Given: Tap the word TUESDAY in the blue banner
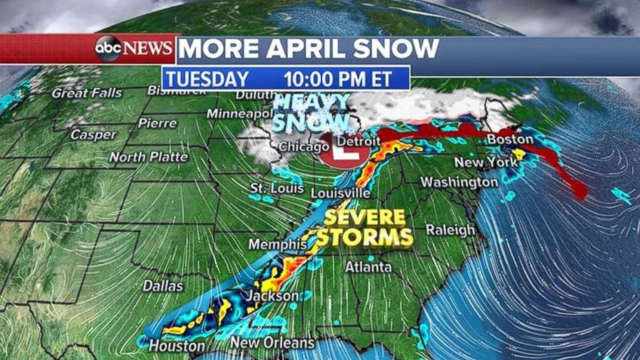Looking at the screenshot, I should pos(206,79).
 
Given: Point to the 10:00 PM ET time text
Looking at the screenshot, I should pos(337,79).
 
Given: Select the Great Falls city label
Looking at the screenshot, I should pos(86,93).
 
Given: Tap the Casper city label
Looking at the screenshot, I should pos(94,135).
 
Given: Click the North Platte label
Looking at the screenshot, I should pos(148,157).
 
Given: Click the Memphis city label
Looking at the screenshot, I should pos(277,245).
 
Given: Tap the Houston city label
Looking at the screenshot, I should pos(172,345).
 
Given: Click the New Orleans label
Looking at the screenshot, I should pos(272,343).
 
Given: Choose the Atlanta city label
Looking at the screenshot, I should pos(368,266).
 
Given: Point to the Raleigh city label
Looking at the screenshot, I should pos(450,230).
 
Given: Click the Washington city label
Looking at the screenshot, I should pos(459,183).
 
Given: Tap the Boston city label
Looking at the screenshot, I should pos(510,139).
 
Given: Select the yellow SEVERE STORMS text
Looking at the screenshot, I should pos(366,227).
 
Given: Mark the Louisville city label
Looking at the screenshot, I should pos(340,193).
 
